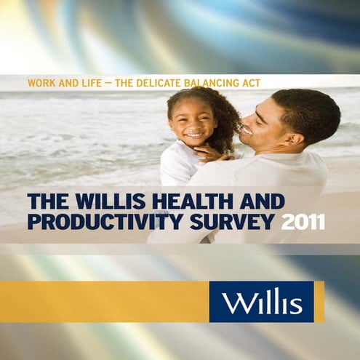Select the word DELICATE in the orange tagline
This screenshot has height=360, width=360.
point(138,83)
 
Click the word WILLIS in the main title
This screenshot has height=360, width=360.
point(104,200)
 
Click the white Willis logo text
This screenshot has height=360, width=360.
point(261,301)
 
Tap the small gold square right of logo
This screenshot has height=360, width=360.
point(319,301)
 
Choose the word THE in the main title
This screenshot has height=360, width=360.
point(44,200)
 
